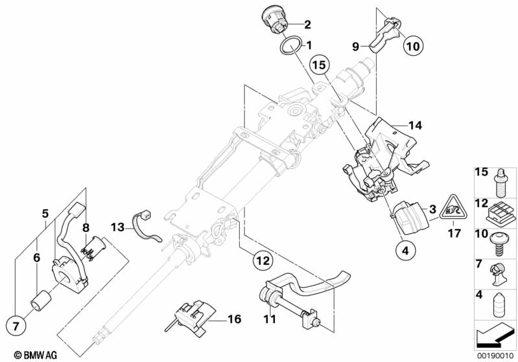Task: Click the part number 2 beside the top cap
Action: click(x=307, y=25)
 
